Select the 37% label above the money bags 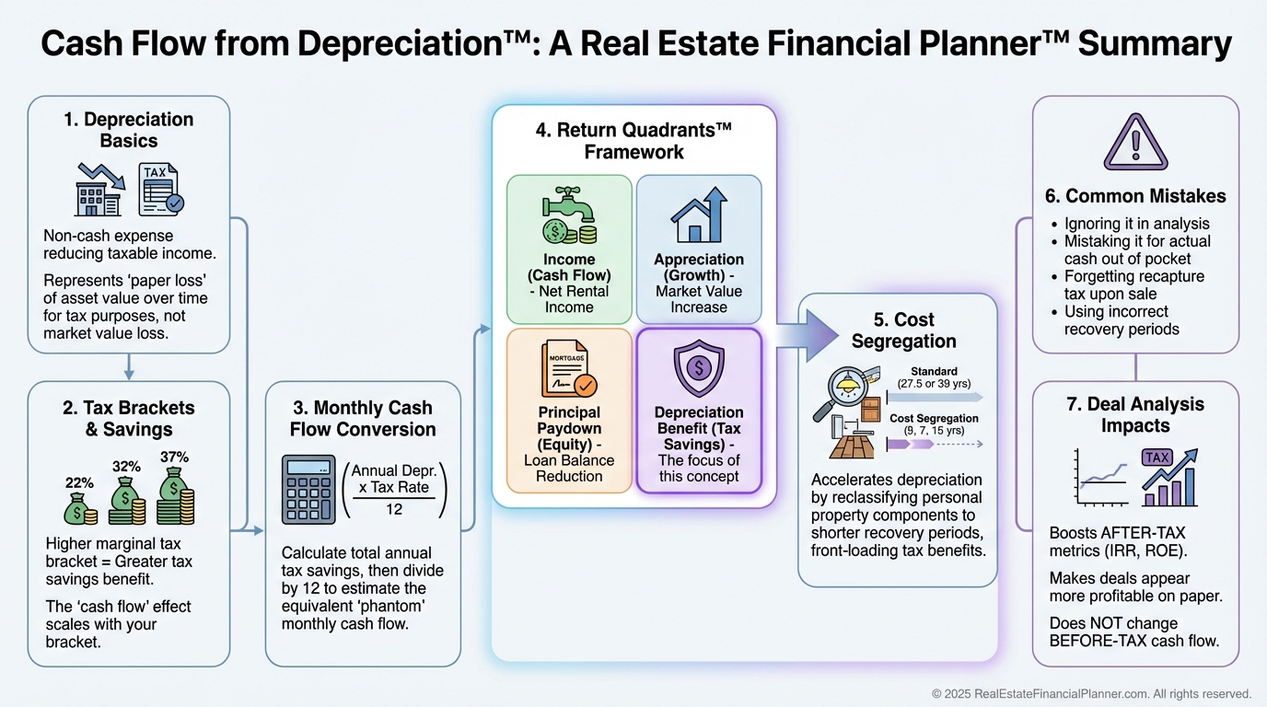pos(174,458)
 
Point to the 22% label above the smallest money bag pos(79,482)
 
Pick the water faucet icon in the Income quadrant pos(569,216)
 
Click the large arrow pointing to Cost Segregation pos(814,332)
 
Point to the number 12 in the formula pos(394,509)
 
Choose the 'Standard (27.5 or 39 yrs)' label pos(934,377)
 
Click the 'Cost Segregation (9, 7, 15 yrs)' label pos(934,424)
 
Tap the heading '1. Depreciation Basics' pos(128,130)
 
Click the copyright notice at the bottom pos(1091,693)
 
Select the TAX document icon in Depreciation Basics pos(159,189)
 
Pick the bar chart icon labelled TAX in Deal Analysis pos(1169,477)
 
